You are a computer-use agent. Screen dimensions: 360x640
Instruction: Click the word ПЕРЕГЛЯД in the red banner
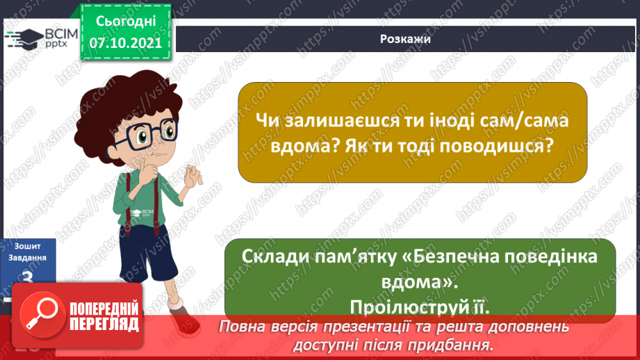click(104, 324)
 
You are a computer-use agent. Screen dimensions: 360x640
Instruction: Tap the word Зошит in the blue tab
click(27, 246)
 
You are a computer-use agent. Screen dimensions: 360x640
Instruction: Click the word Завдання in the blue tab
click(27, 257)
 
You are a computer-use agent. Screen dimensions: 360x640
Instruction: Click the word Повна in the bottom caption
click(242, 327)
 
